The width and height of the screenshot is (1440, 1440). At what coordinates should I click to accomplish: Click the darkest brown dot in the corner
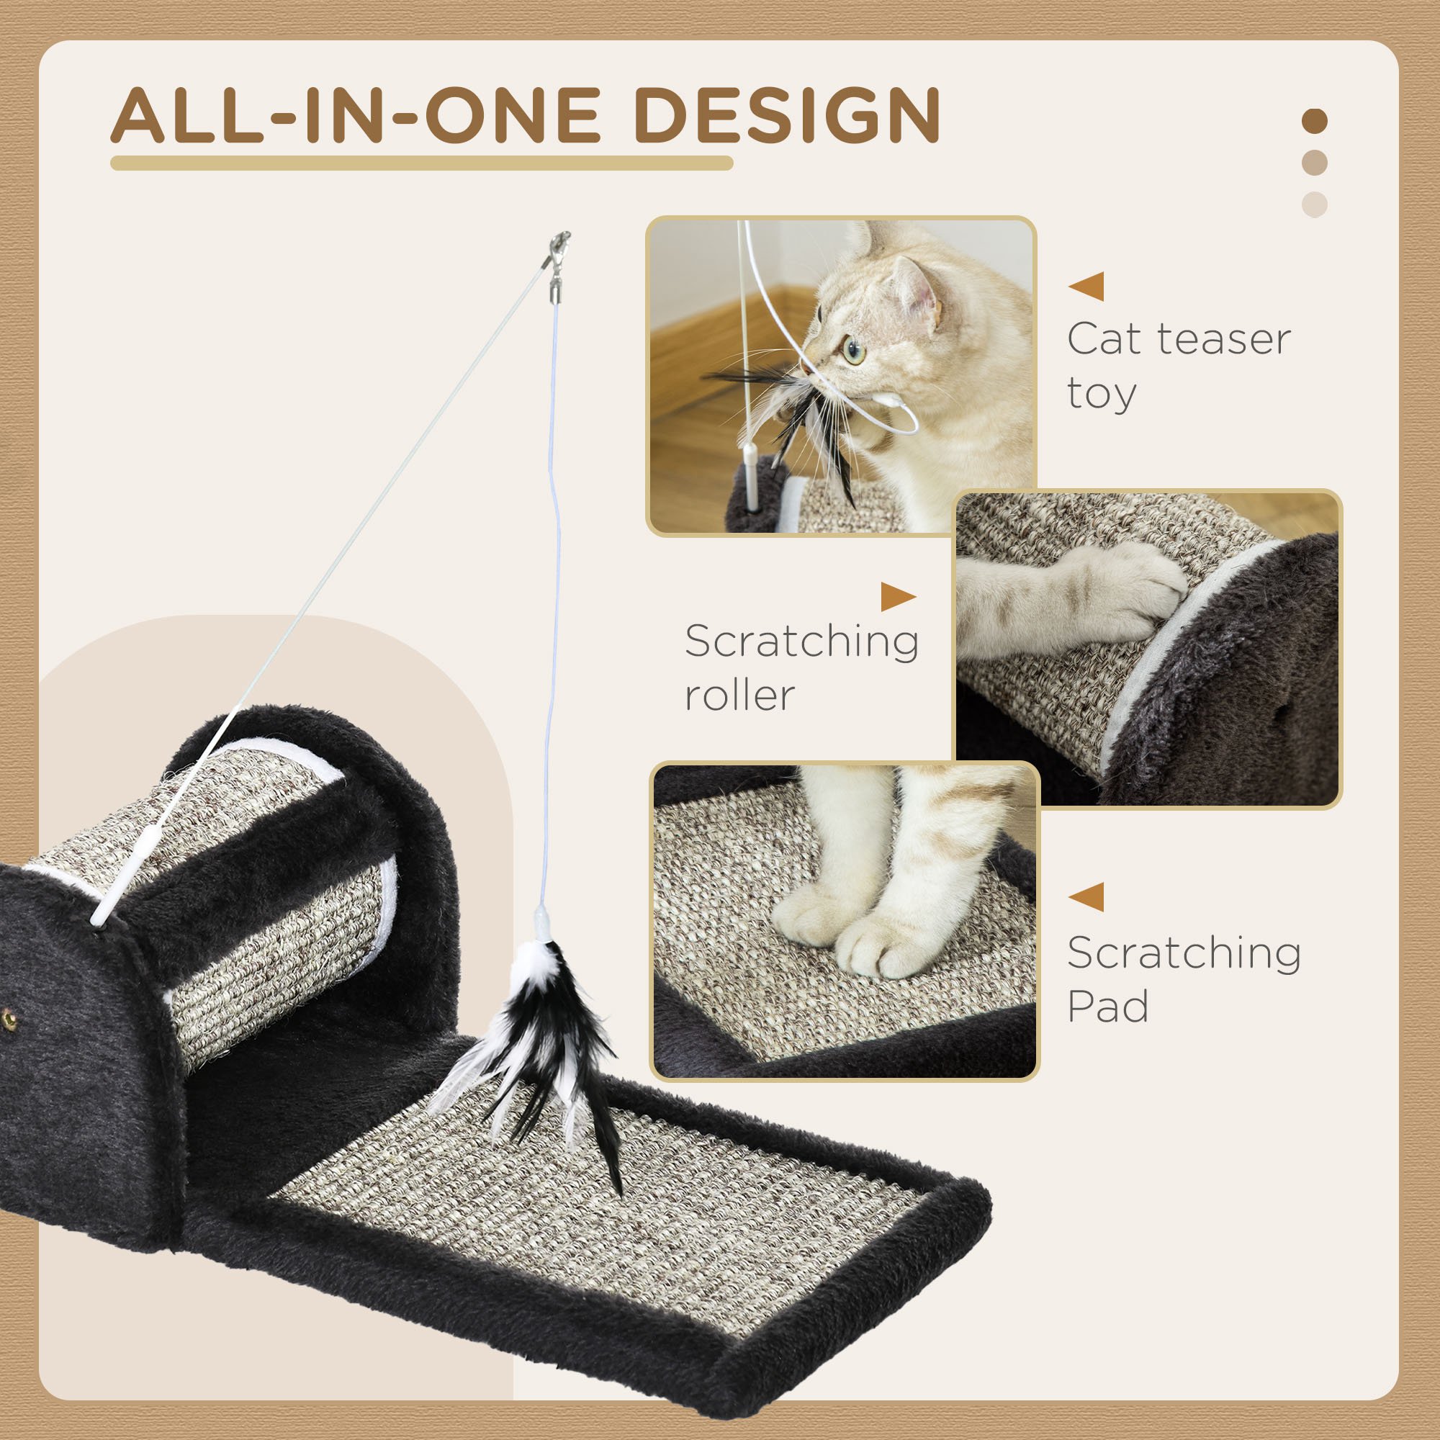click(x=1314, y=121)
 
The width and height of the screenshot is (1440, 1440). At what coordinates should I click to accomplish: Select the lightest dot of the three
click(x=1314, y=204)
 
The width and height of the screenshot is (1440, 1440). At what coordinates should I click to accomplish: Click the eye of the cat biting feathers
click(x=852, y=350)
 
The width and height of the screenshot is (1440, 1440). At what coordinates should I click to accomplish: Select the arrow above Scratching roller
click(x=898, y=596)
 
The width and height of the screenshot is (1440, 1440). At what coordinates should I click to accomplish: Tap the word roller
click(x=739, y=695)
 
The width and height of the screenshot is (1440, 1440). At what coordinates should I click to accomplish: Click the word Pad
click(x=1107, y=1007)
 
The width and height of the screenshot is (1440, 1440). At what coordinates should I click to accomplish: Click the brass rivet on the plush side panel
click(x=9, y=1015)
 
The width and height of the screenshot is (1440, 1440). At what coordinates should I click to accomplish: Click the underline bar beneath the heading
click(x=421, y=163)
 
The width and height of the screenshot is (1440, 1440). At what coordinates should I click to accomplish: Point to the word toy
click(x=1102, y=394)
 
